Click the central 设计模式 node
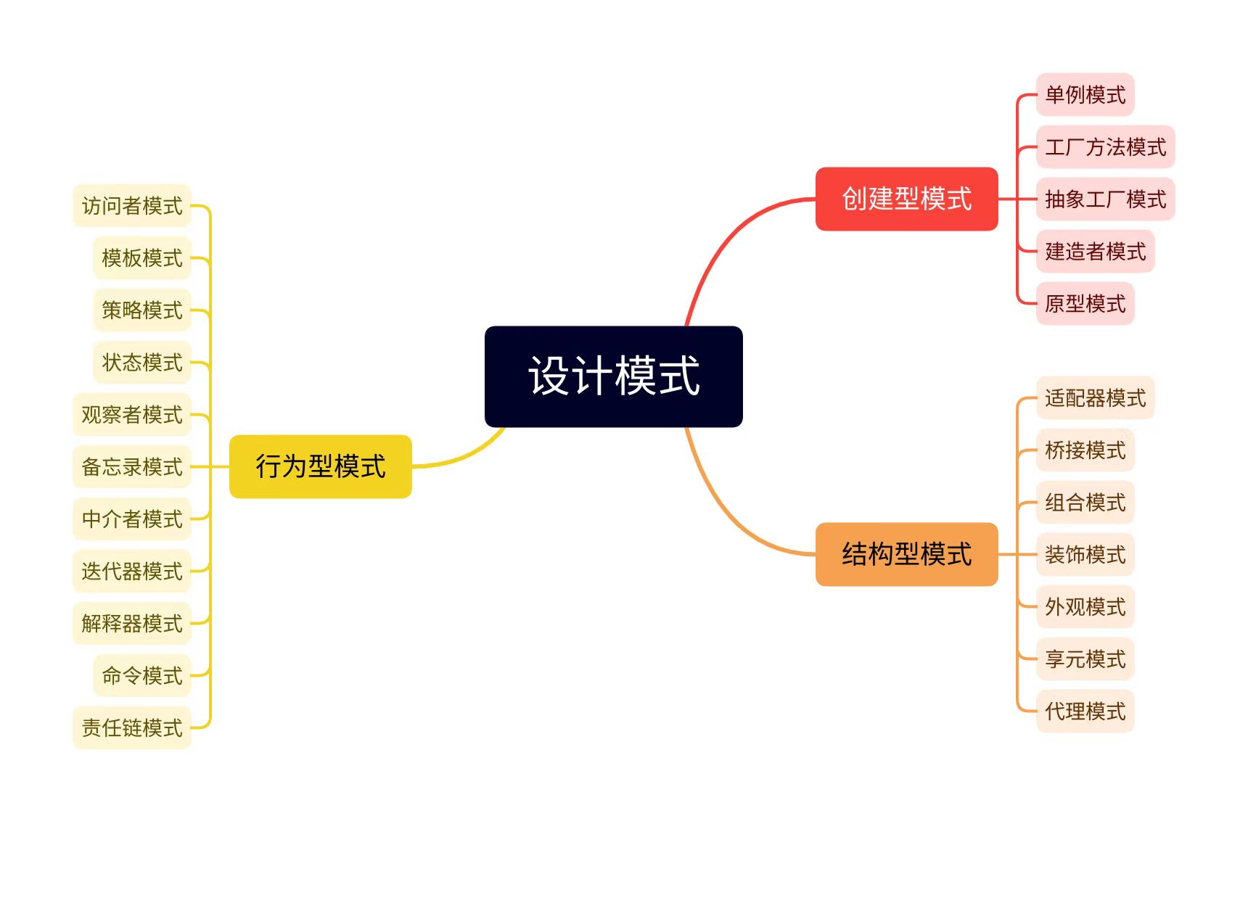(x=613, y=376)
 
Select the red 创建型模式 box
(x=906, y=199)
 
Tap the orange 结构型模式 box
(x=906, y=554)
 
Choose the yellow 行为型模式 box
(x=320, y=466)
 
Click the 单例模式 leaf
(x=1085, y=94)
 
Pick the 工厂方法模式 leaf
(x=1105, y=147)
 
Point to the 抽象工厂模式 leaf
(x=1105, y=199)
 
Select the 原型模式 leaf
(x=1085, y=303)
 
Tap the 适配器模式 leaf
(x=1095, y=398)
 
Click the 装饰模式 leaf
(x=1085, y=555)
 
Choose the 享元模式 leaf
(x=1085, y=659)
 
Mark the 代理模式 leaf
(x=1085, y=711)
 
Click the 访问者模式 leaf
(x=131, y=206)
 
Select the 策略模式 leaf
(x=141, y=310)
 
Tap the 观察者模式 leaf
(x=131, y=415)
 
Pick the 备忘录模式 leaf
(x=131, y=467)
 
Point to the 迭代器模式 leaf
(x=131, y=572)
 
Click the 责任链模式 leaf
(x=131, y=727)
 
